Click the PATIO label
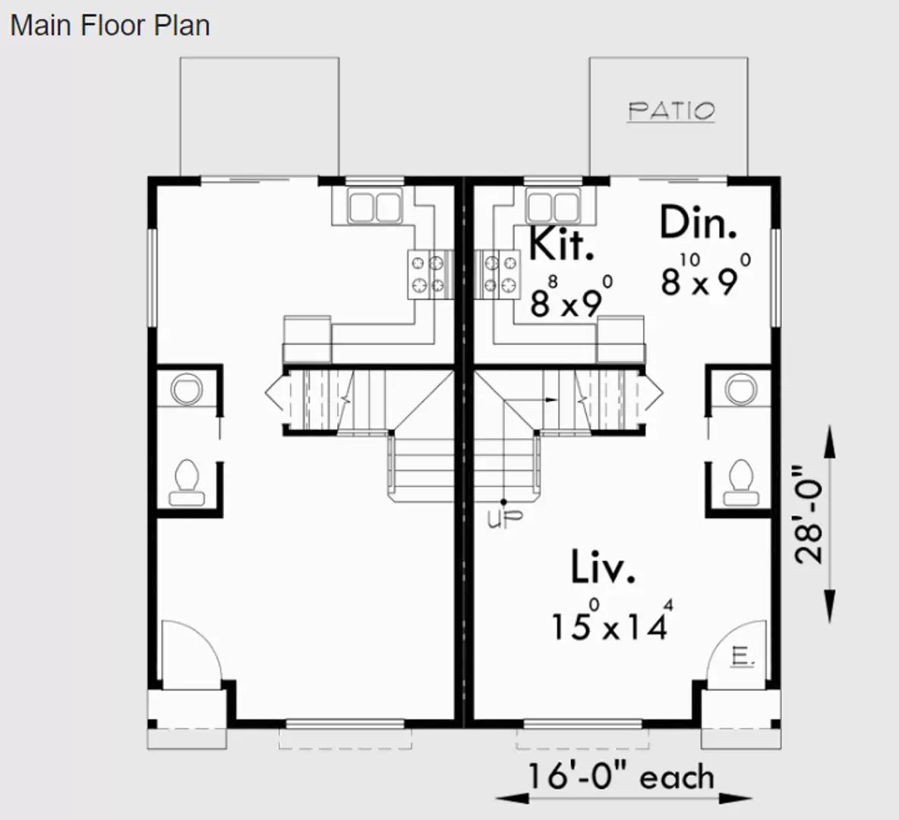click(671, 111)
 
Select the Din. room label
click(698, 223)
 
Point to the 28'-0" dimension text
click(809, 514)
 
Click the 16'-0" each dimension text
click(621, 777)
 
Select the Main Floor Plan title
click(110, 25)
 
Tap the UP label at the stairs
click(505, 519)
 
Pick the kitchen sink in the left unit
click(374, 207)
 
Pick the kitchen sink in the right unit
click(554, 207)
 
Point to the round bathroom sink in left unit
click(187, 389)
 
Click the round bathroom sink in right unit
click(741, 389)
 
